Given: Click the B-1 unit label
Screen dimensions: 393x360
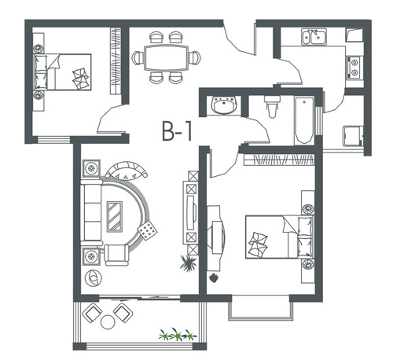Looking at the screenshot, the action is tap(177, 131).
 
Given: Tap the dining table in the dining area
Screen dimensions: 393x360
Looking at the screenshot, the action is tap(167, 57).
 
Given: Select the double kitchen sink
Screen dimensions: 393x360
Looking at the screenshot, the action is tap(314, 37).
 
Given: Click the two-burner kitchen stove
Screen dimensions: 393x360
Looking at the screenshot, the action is tap(354, 67).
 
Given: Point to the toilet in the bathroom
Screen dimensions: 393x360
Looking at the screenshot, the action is tap(272, 106).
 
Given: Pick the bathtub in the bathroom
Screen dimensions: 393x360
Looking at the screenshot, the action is tap(304, 120).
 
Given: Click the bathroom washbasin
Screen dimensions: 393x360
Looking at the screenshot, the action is tap(225, 105).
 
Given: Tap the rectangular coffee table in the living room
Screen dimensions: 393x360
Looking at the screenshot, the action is tap(115, 216).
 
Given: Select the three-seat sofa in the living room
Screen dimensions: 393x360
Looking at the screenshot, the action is tap(91, 212).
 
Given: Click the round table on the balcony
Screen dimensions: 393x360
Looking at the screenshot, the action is tap(108, 322).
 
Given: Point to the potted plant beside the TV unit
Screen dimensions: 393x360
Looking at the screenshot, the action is tap(189, 263).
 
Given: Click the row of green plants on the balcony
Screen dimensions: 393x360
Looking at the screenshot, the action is tap(178, 334).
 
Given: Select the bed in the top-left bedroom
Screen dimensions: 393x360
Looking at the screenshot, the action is tap(63, 72).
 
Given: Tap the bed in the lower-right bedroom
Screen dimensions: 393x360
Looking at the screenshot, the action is tap(279, 237).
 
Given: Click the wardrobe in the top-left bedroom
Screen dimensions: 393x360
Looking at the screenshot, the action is tap(116, 61).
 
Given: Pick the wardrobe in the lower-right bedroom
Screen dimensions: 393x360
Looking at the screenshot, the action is tap(279, 160).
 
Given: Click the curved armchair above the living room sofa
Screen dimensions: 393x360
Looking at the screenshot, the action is tap(127, 169).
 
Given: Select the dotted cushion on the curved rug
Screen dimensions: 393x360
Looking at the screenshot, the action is tap(148, 230).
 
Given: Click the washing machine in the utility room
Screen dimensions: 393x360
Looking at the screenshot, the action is tap(353, 136).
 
